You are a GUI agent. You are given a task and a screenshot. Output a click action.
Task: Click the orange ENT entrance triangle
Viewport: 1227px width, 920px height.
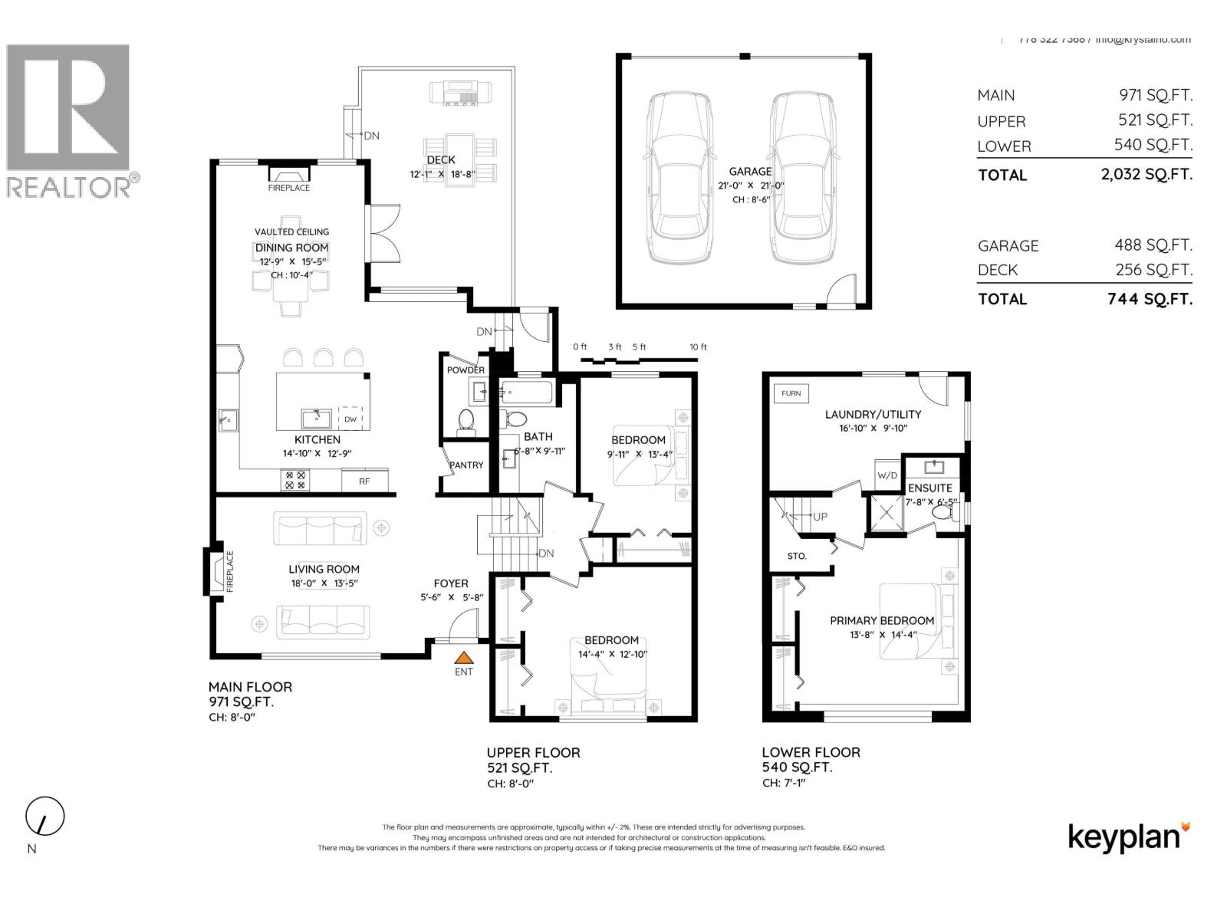[x=464, y=657]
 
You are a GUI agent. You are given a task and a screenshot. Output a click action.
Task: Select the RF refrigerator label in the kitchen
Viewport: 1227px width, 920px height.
[x=364, y=481]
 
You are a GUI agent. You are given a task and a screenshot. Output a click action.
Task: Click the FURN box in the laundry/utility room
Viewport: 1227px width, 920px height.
[x=791, y=393]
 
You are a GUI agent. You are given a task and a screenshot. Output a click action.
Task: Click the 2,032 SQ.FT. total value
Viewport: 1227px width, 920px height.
[x=1146, y=174]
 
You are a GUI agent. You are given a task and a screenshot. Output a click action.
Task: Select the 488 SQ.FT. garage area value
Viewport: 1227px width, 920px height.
[x=1153, y=245]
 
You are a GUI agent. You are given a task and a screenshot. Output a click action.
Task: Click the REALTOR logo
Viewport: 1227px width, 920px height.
[x=69, y=123]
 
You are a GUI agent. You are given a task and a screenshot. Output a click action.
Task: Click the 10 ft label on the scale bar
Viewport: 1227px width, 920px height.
[x=698, y=347]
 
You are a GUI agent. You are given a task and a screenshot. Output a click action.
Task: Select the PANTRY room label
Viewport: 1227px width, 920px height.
[x=466, y=465]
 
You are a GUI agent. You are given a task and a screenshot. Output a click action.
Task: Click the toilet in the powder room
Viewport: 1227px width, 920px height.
[x=465, y=421]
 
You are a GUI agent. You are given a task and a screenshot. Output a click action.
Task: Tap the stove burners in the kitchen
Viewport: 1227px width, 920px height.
[x=295, y=480]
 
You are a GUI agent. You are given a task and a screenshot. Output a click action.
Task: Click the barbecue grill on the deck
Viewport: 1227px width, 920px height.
[x=460, y=92]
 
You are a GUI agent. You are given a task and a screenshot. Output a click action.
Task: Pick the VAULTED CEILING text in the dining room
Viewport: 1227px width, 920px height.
[x=291, y=232]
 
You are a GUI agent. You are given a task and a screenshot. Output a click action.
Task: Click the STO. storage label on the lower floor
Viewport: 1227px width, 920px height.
[x=797, y=556]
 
